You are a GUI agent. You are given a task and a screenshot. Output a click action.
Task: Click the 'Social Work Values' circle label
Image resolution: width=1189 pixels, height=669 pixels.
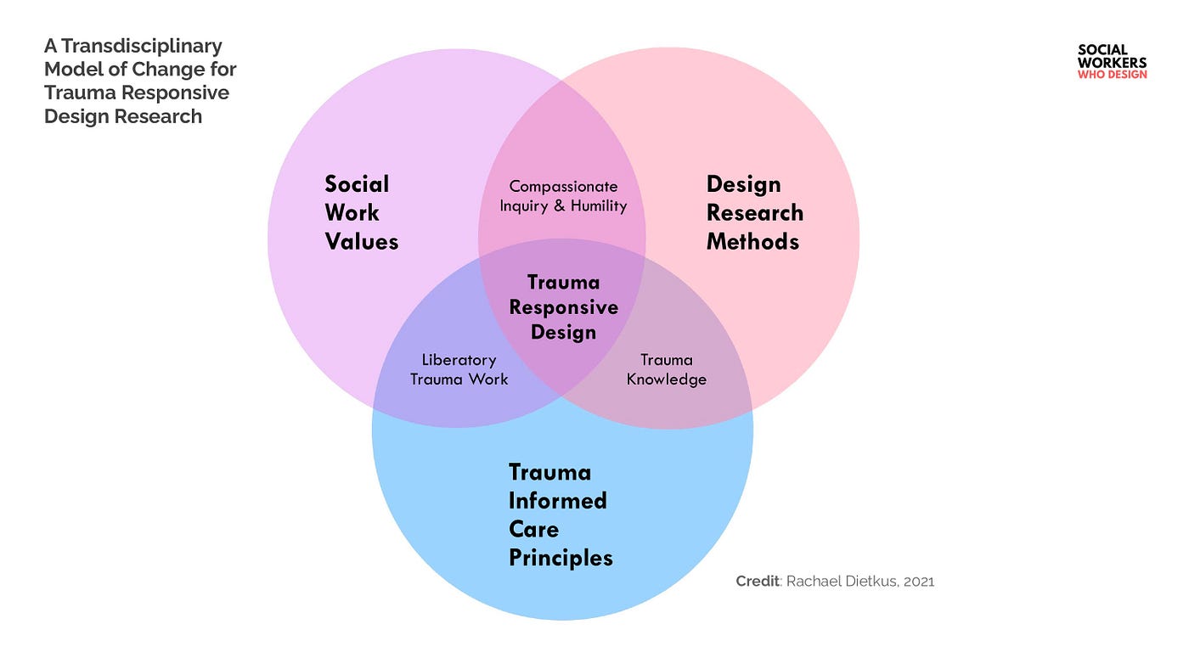[x=361, y=213]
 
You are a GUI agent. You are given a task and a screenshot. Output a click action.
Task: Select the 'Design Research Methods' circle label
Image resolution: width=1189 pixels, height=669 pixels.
[x=754, y=213]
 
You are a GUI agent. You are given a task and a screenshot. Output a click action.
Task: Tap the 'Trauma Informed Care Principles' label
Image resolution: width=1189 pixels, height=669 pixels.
[x=560, y=514]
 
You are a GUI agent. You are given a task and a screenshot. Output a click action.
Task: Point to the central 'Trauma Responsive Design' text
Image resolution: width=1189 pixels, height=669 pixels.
[x=563, y=306]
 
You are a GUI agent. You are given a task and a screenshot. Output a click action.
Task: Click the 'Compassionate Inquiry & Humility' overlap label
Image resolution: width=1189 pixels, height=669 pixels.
[x=563, y=196]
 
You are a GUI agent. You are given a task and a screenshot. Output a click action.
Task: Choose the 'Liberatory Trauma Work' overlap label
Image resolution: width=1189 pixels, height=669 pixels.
[x=459, y=369]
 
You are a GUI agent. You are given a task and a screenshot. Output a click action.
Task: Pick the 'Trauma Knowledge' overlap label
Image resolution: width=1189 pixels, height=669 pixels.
[x=667, y=369]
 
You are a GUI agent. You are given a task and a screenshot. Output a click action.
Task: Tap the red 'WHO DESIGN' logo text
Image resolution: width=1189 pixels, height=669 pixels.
[x=1112, y=75]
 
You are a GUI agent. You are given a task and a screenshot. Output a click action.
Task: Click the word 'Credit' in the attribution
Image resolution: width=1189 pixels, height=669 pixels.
[x=757, y=582]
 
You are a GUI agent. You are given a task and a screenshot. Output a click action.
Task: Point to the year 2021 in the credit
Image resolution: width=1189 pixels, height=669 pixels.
[x=919, y=582]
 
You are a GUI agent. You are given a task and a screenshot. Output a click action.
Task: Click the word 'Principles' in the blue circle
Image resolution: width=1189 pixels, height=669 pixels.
[x=561, y=558]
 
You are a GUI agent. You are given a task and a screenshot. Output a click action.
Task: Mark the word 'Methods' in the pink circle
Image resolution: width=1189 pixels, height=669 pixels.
[x=752, y=242]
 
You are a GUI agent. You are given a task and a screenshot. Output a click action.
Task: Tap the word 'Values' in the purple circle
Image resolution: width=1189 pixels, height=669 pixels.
[x=361, y=242]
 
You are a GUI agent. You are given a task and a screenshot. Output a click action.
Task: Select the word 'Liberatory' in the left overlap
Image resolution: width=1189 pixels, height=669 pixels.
[x=459, y=360]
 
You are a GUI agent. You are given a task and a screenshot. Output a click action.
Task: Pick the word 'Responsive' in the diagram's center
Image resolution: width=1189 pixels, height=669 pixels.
[x=563, y=306]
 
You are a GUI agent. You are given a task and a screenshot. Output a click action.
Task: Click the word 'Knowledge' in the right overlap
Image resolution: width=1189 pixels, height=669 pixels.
[x=667, y=379]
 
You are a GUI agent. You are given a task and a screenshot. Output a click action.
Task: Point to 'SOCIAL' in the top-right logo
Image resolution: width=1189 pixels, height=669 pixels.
[x=1102, y=50]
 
